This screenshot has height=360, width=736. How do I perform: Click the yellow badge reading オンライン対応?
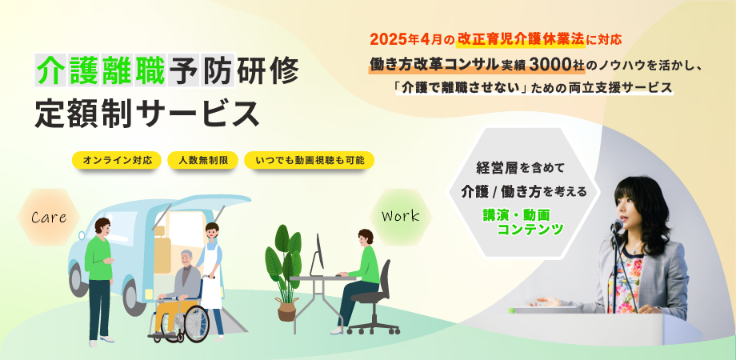pyautogui.click(x=117, y=160)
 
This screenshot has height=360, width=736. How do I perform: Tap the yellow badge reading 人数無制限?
pyautogui.click(x=203, y=160)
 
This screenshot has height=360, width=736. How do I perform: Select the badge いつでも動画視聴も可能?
pyautogui.click(x=310, y=160)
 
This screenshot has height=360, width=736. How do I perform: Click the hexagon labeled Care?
pyautogui.click(x=49, y=217)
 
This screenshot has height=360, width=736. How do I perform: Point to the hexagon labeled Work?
pyautogui.click(x=400, y=217)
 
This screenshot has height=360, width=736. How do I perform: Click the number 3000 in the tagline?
pyautogui.click(x=548, y=66)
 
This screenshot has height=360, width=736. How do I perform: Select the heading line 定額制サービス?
pyautogui.click(x=147, y=113)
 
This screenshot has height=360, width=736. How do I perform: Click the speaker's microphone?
pyautogui.click(x=616, y=226)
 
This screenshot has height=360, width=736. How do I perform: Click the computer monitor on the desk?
pyautogui.click(x=318, y=256)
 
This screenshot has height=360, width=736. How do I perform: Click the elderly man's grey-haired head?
pyautogui.click(x=186, y=258)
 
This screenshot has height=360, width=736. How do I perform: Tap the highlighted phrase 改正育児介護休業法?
pyautogui.click(x=521, y=39)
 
